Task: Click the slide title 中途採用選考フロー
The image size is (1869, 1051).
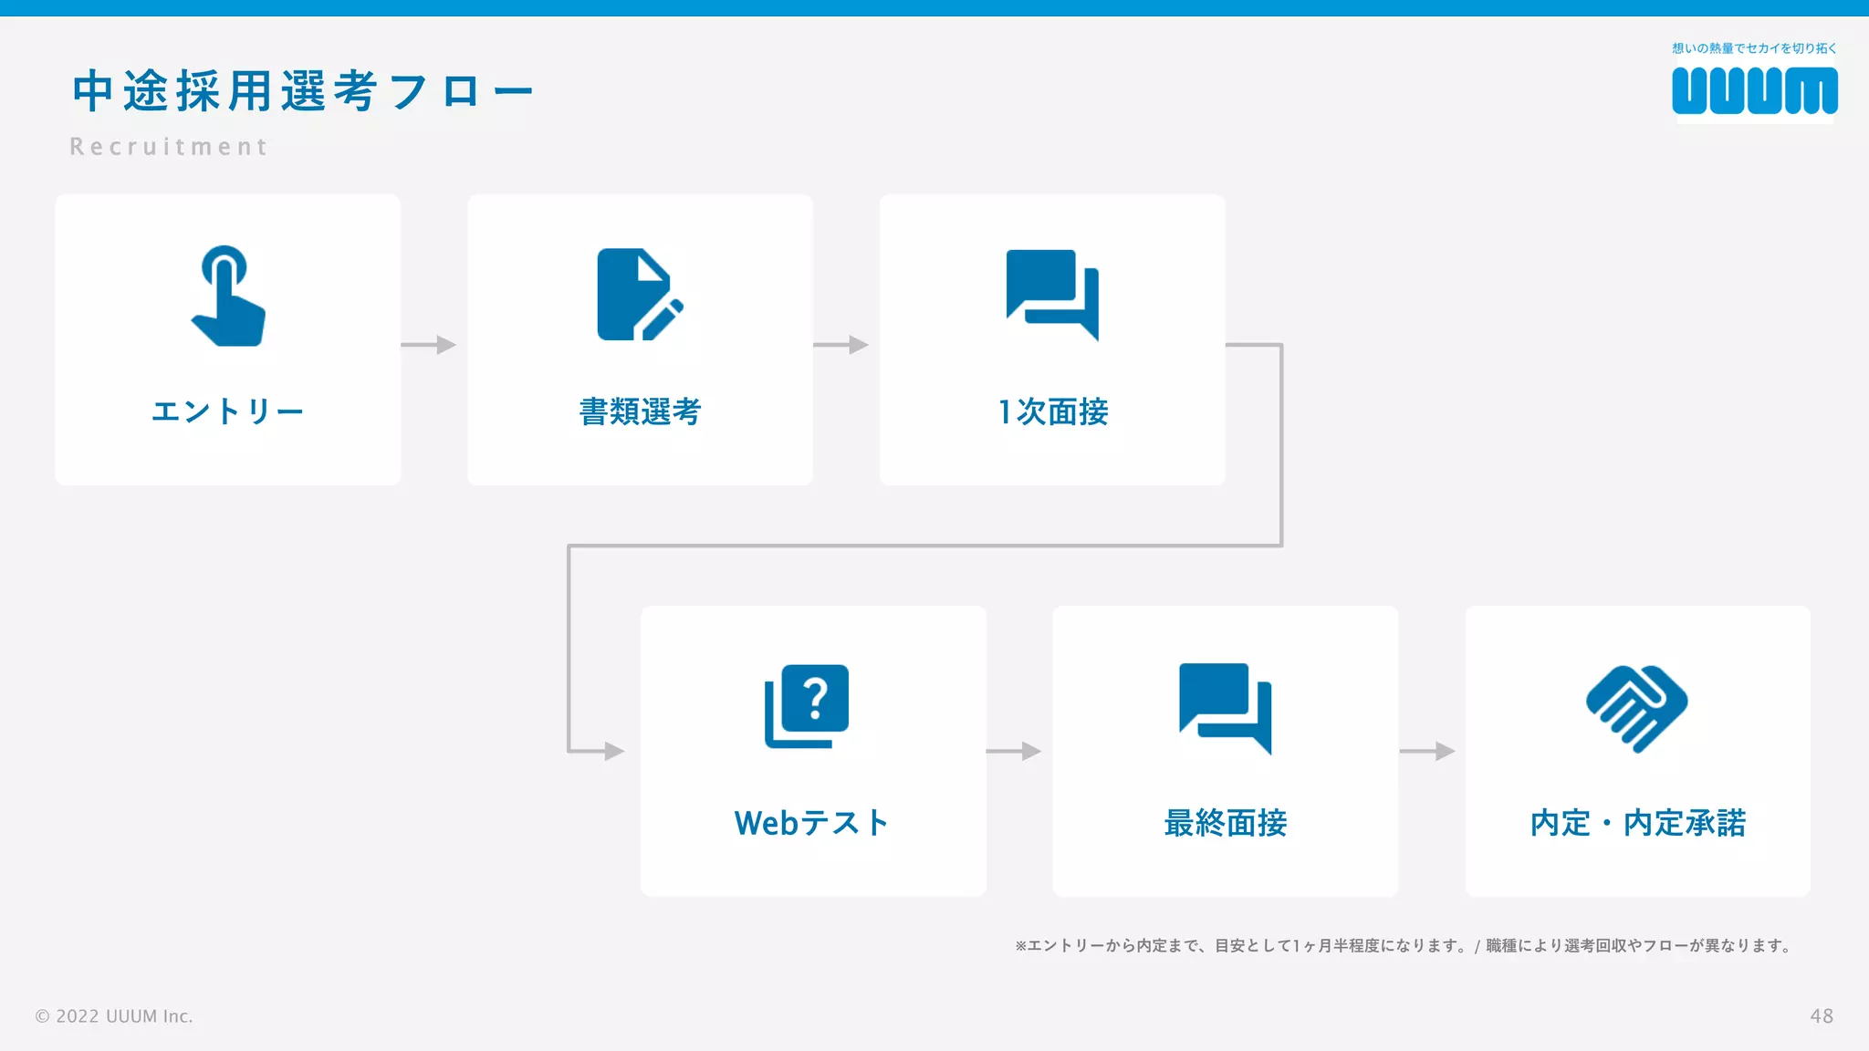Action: pos(302,91)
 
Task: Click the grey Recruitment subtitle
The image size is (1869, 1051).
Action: pos(169,147)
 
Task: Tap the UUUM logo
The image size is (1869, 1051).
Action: pos(1754,90)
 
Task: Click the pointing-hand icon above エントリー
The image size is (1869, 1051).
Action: pos(227,297)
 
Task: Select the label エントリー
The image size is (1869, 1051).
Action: pos(227,411)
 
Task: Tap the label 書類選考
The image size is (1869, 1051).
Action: pos(640,411)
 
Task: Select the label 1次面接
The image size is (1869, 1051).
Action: pos(1053,411)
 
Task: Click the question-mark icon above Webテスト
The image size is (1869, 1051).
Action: pos(807,706)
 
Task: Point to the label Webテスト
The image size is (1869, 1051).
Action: pos(811,823)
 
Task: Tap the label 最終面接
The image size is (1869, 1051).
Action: pos(1226,823)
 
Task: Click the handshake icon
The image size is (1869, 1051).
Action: pos(1637,708)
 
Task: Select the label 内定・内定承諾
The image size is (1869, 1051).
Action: pos(1638,823)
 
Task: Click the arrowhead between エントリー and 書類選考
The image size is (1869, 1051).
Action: pos(446,345)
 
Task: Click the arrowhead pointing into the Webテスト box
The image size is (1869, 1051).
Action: pos(615,751)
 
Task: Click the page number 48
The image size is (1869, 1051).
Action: pos(1822,1016)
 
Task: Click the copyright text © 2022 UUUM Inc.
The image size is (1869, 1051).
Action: pos(114,1016)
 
